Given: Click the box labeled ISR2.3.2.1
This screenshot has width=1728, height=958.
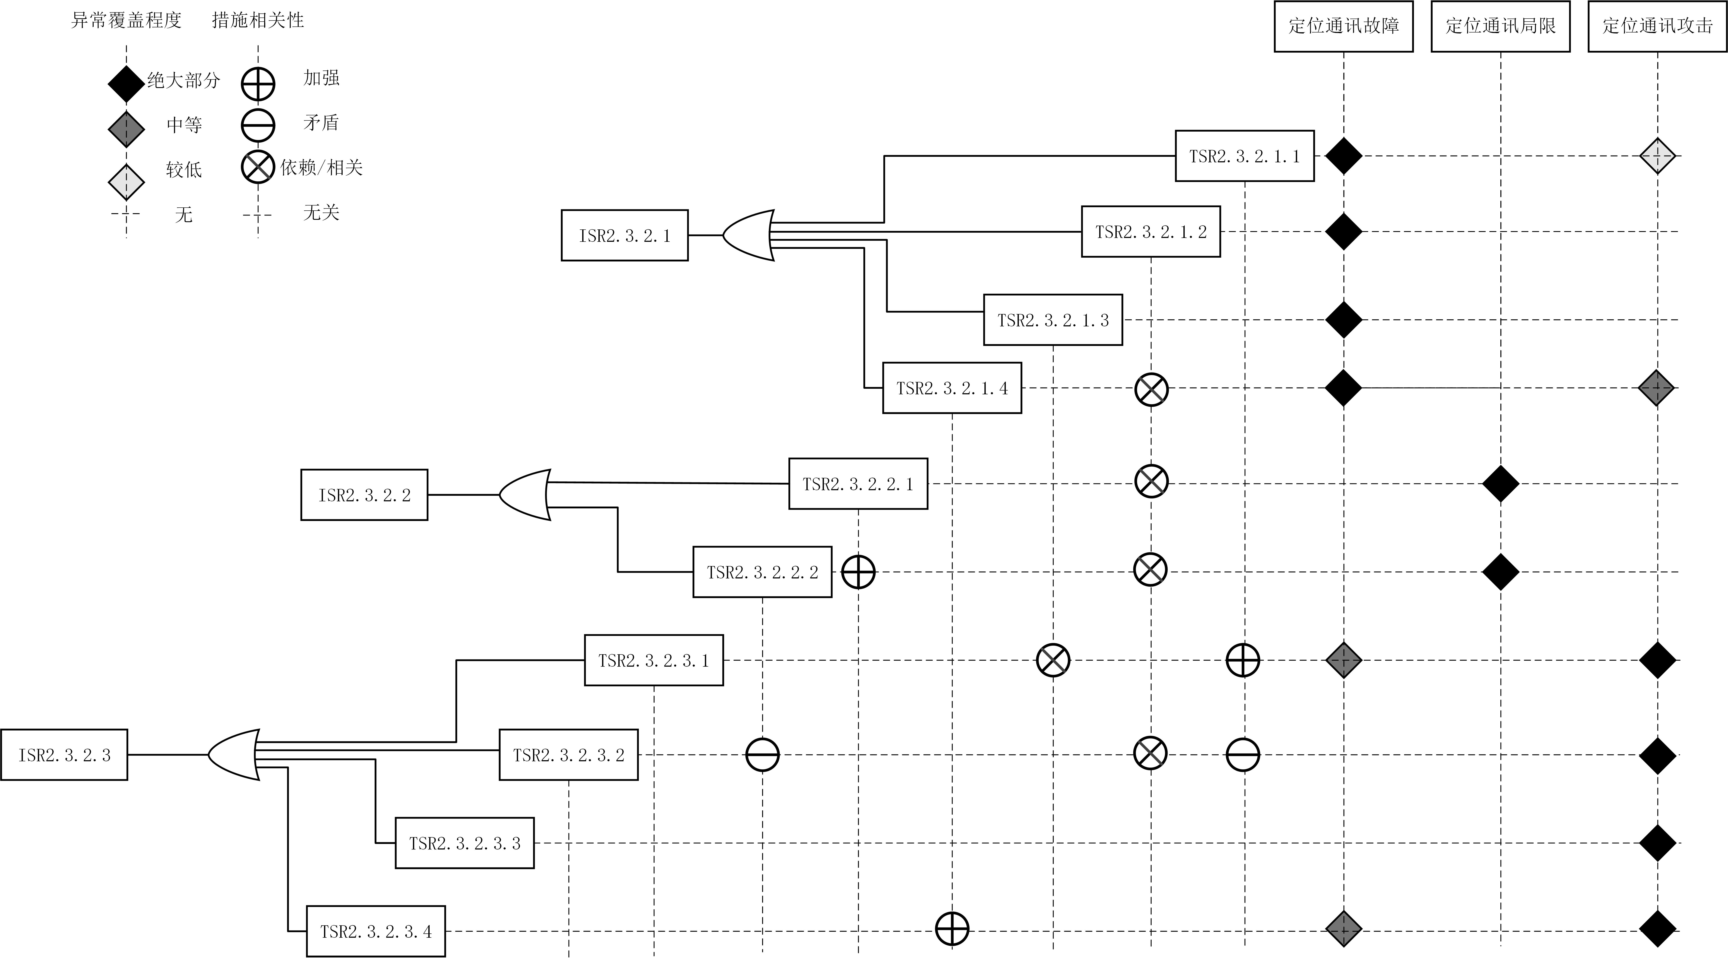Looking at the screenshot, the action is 625,235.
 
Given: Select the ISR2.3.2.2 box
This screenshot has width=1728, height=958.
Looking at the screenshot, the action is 364,495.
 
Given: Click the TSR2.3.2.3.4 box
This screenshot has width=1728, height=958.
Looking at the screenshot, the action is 376,931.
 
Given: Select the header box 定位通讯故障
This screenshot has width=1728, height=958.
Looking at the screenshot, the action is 1344,26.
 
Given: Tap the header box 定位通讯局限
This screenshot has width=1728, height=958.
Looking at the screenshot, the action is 1501,26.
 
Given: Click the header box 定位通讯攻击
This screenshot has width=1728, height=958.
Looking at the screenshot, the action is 1657,26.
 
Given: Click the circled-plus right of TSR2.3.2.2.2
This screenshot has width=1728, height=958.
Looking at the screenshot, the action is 858,572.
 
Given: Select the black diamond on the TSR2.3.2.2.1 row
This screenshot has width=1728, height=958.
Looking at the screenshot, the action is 1501,483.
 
